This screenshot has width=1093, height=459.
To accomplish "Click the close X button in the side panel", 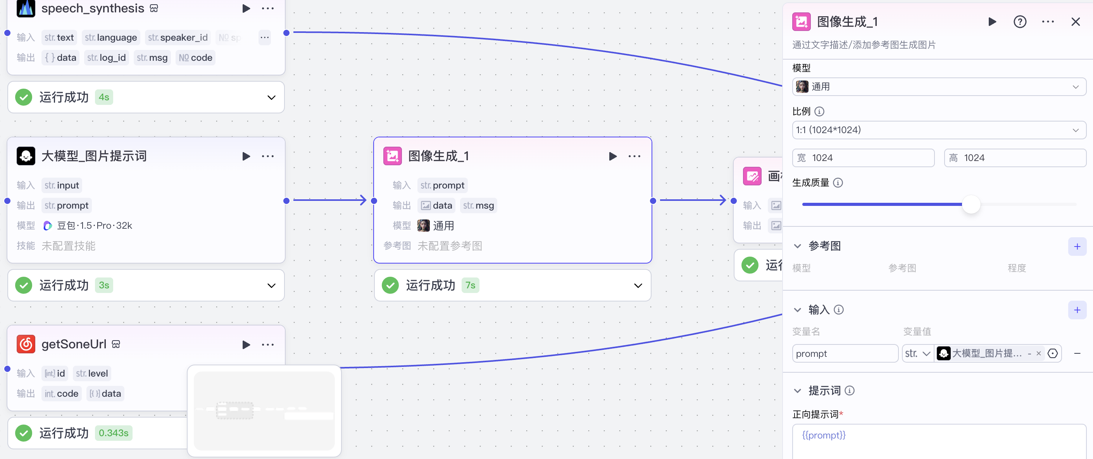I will (1075, 22).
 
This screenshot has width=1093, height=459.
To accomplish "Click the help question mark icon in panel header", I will (1020, 22).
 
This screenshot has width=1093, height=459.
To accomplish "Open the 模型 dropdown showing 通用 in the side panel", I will (939, 87).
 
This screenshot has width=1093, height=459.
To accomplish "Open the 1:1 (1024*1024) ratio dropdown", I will (939, 130).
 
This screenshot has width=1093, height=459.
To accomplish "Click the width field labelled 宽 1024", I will (863, 158).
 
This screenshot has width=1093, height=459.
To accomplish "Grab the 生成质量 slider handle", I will (971, 205).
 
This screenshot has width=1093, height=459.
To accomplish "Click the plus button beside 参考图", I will (1077, 247).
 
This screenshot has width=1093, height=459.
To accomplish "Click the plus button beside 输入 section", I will (1077, 310).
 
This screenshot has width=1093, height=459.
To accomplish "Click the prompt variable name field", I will (844, 353).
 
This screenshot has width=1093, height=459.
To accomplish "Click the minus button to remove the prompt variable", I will (1077, 353).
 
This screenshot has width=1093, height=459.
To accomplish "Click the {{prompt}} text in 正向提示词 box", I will (824, 435).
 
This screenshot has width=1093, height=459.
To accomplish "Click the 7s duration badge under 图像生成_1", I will (470, 286).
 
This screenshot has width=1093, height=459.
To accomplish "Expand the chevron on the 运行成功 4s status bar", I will (272, 98).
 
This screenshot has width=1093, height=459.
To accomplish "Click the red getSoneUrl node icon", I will (26, 344).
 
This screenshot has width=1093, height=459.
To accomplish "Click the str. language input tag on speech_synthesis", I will (111, 38).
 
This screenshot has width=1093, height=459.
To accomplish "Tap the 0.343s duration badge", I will (113, 433).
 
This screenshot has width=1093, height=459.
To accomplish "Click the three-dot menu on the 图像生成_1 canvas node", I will (634, 156).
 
